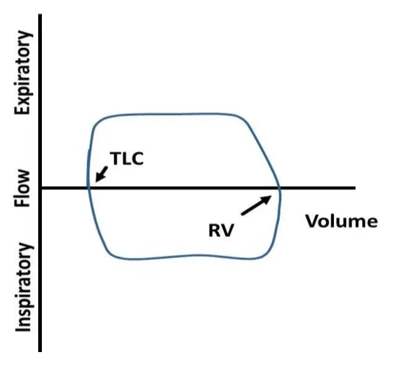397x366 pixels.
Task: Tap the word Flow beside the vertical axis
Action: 23,188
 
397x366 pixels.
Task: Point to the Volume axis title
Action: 341,221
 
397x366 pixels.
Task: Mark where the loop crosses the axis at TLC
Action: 89,188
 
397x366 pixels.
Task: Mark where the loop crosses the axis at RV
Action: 280,188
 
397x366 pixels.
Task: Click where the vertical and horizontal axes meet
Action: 41,188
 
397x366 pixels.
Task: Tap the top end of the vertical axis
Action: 40,15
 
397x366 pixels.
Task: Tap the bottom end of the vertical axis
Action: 40,350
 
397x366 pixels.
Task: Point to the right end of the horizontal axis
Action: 354,188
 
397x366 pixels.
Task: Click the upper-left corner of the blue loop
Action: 97,119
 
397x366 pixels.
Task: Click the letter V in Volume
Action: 311,221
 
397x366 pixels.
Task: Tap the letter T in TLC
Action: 115,158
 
